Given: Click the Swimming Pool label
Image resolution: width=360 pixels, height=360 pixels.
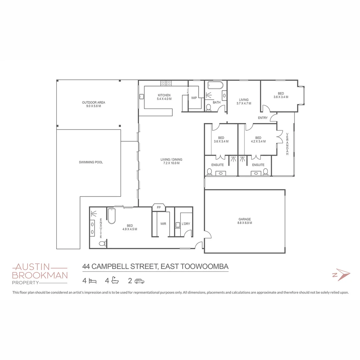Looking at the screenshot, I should coord(91,162).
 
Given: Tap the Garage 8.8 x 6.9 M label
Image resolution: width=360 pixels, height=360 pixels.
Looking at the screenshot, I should coord(245,221).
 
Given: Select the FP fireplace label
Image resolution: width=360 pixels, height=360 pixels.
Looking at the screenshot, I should coord(159,207).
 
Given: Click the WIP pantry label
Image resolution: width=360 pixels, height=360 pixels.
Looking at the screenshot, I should coord(194,98).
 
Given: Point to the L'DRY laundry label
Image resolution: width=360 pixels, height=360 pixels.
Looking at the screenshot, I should coord(185,224).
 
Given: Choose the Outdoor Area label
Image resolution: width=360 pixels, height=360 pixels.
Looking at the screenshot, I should coord(93,104).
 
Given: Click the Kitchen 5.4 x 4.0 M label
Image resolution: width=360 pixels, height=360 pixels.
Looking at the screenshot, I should coord(164,97).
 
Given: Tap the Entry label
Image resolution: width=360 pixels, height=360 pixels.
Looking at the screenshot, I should coord(263,118).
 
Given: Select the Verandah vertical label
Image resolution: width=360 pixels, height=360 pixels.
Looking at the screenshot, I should coord(287,144).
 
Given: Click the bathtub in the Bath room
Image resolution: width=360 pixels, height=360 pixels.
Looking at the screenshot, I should coord(215,85).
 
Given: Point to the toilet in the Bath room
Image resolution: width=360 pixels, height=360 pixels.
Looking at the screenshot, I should coord(209,107).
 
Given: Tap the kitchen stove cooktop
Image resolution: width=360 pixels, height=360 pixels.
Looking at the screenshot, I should coord(166,83).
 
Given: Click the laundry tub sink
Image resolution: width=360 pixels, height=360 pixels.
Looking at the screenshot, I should coord(178,225).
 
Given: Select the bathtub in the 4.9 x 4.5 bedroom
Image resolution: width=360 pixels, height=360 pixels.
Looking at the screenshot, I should coord(112,216).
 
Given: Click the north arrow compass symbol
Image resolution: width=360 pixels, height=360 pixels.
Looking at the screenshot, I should coord(341,275).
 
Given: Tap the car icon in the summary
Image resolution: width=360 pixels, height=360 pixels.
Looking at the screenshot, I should coord(139,281).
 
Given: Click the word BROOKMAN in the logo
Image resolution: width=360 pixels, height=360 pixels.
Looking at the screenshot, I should coord(40,275).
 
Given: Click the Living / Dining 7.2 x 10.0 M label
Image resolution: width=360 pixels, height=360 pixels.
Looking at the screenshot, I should coord(171,161).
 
